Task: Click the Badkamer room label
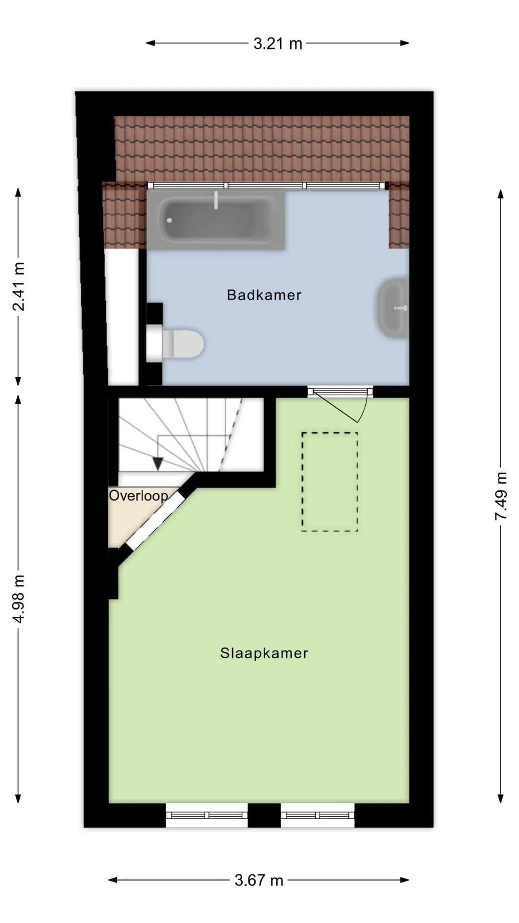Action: click(264, 295)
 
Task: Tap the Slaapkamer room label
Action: click(264, 653)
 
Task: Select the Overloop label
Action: click(138, 495)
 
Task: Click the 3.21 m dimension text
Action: click(278, 44)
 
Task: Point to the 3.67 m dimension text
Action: click(259, 880)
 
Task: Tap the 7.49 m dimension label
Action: click(501, 496)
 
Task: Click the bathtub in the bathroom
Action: click(216, 220)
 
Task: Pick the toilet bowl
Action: click(183, 344)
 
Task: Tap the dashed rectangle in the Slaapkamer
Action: click(330, 482)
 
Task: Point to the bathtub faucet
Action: click(216, 200)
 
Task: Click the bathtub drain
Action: click(169, 221)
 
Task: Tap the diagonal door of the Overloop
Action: click(155, 520)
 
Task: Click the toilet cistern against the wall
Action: click(154, 344)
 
